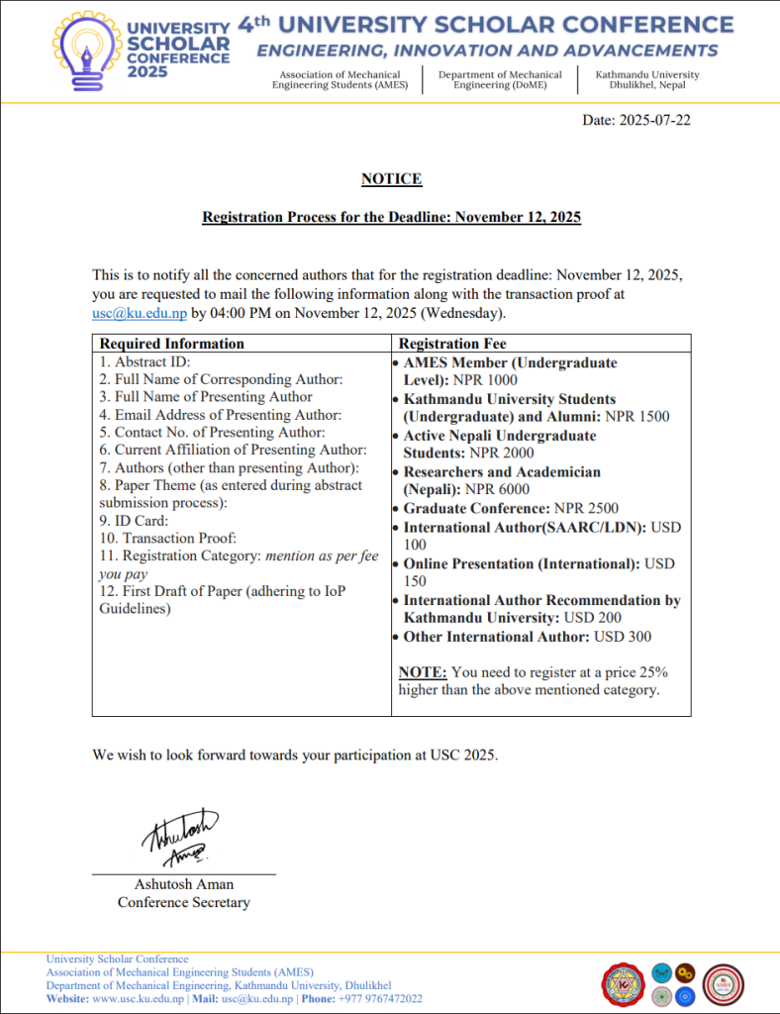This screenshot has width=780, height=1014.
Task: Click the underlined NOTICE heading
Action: point(391,179)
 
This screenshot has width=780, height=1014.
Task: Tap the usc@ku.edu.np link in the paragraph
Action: point(140,313)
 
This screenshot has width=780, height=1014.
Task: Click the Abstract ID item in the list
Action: point(145,361)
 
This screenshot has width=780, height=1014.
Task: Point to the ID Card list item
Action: point(134,521)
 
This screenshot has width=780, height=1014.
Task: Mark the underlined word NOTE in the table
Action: point(422,672)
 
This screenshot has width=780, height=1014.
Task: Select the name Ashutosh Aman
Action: point(184,884)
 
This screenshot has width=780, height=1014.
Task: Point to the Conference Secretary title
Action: point(184,902)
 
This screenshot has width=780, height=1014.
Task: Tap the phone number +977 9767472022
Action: point(379,999)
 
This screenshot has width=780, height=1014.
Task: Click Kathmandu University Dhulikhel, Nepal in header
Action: point(646,80)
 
